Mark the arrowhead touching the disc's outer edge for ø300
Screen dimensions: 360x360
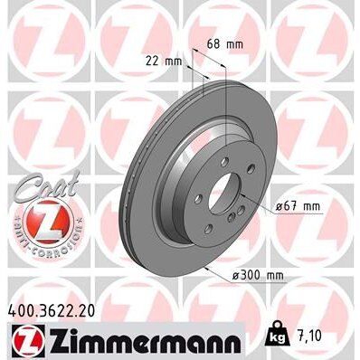pyautogui.click(x=209, y=269)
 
